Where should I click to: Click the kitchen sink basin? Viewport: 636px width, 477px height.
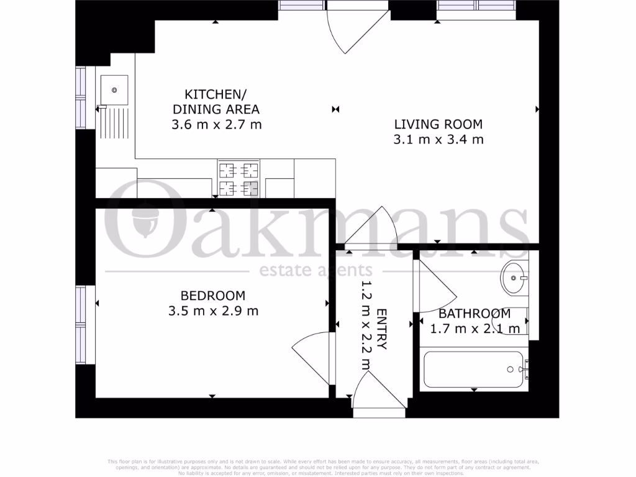114,89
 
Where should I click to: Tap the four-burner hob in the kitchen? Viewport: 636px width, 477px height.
237,178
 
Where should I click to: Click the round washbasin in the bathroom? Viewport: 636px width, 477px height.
514,278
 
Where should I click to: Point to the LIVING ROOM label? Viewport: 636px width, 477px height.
438,124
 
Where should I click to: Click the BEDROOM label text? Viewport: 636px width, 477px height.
213,296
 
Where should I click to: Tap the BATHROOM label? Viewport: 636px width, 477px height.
475,314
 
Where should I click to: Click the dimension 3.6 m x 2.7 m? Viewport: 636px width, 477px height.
216,124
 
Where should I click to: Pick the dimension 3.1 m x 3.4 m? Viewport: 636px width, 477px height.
438,140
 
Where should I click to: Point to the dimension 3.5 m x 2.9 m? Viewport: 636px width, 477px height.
213,311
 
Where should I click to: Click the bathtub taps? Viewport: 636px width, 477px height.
525,370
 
